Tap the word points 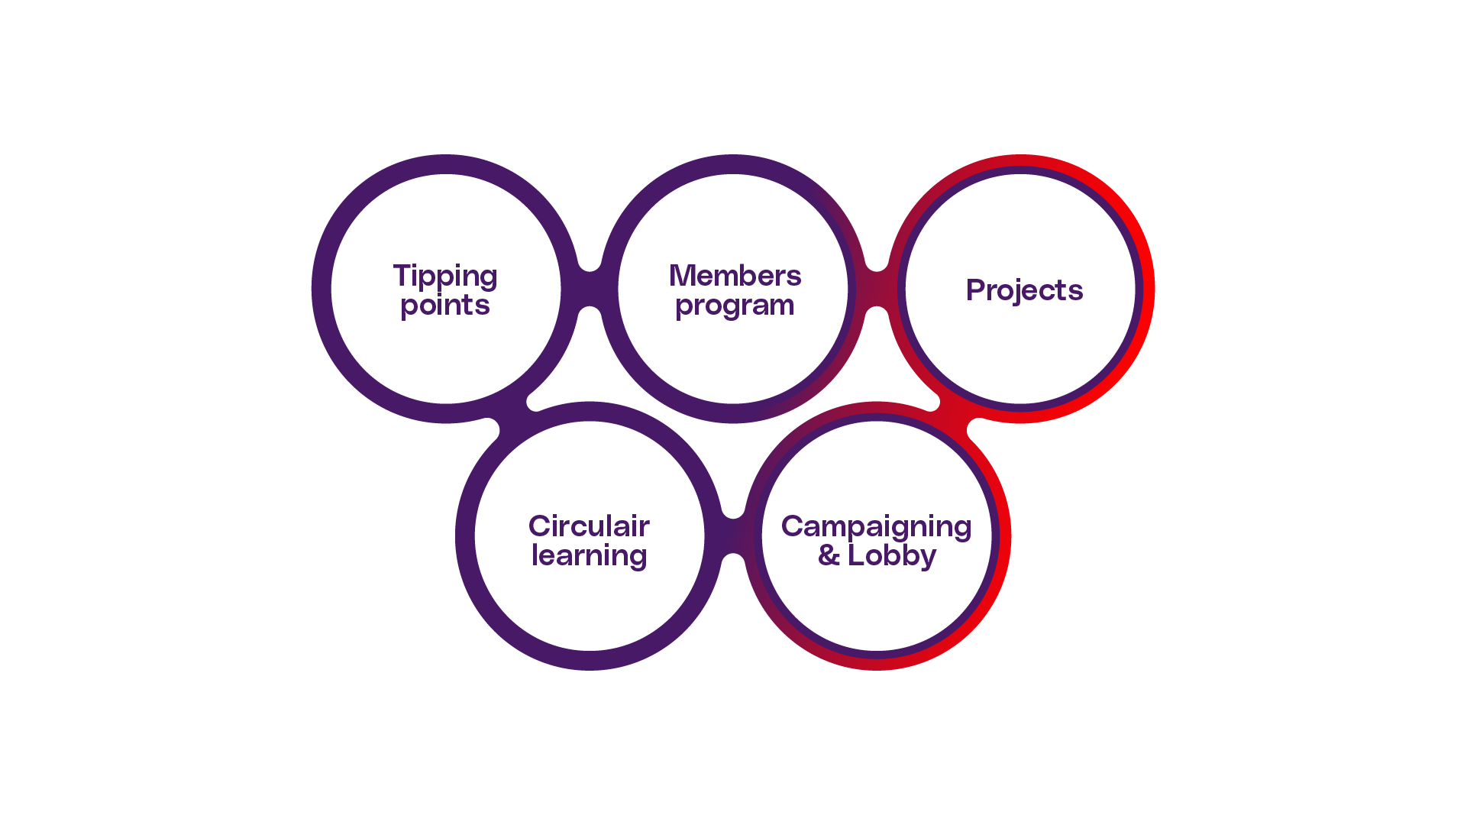pyautogui.click(x=445, y=306)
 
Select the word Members pyautogui.click(x=735, y=276)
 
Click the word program pyautogui.click(x=735, y=306)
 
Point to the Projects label pyautogui.click(x=1024, y=290)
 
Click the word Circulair pyautogui.click(x=589, y=526)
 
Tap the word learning pyautogui.click(x=589, y=555)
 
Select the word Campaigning pyautogui.click(x=876, y=527)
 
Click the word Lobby pyautogui.click(x=891, y=555)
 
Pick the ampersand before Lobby pyautogui.click(x=828, y=555)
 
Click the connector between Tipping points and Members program pyautogui.click(x=590, y=289)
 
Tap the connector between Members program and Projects pyautogui.click(x=877, y=289)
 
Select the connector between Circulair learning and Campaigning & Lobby pyautogui.click(x=733, y=535)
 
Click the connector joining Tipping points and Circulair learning pyautogui.click(x=513, y=412)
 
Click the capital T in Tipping pyautogui.click(x=401, y=275)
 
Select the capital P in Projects pyautogui.click(x=974, y=290)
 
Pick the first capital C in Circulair pyautogui.click(x=540, y=526)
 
